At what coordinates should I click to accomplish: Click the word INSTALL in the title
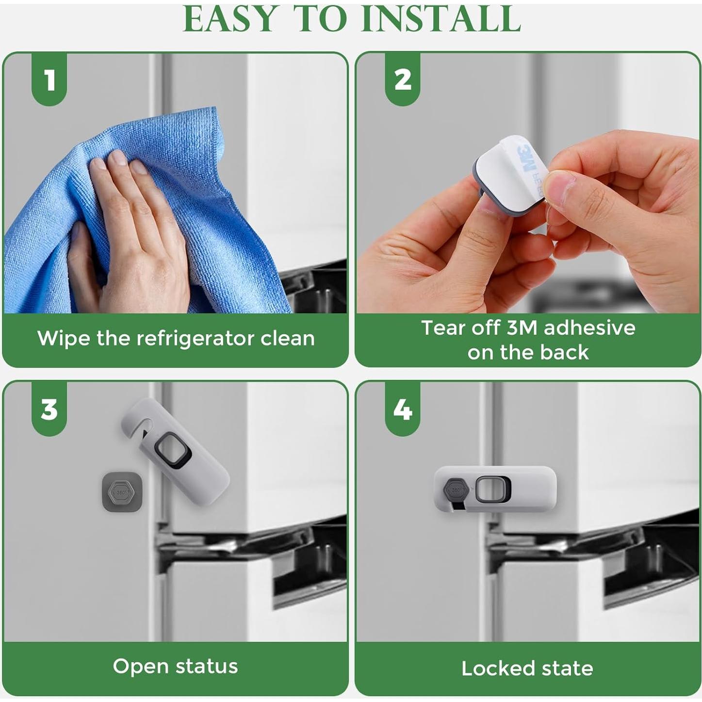[441, 18]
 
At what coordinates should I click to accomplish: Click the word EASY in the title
[229, 18]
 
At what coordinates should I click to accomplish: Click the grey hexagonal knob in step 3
[122, 492]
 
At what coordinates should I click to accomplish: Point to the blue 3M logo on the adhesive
[530, 159]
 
